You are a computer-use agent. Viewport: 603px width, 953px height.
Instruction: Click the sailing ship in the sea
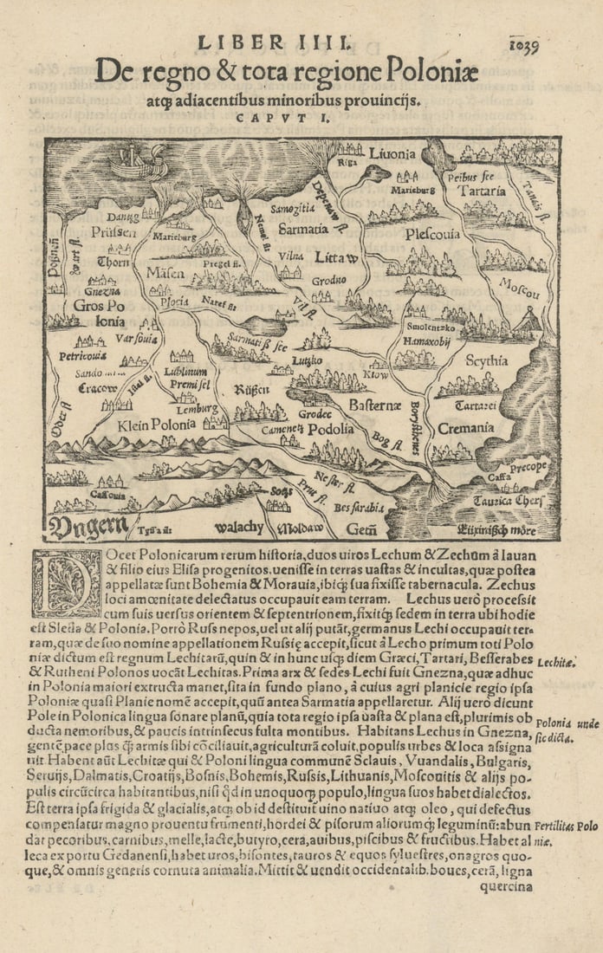[x=138, y=161]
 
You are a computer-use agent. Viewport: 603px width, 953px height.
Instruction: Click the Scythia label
[x=486, y=360]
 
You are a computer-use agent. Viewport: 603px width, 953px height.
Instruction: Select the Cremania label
[x=464, y=428]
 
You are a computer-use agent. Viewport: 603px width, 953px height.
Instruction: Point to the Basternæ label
[x=373, y=405]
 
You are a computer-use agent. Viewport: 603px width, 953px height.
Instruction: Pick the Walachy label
[x=234, y=527]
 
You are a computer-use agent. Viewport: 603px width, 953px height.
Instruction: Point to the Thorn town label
[x=113, y=263]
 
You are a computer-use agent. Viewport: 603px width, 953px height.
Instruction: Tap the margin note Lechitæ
[x=557, y=664]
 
